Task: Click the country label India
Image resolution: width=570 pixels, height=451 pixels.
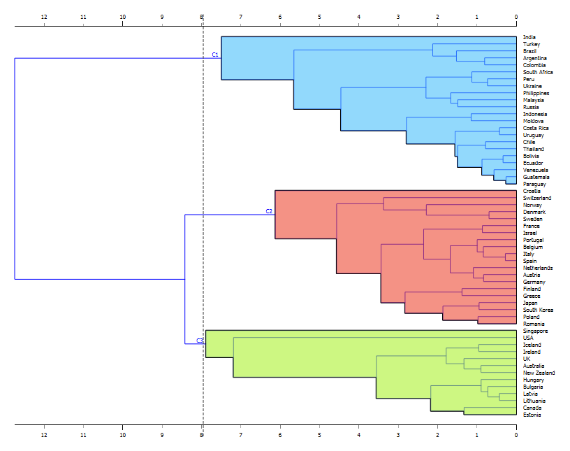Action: [529, 37]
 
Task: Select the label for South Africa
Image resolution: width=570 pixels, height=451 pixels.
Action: [537, 72]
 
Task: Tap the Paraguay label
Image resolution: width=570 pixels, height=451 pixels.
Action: [534, 184]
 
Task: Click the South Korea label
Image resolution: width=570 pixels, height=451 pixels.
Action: [538, 310]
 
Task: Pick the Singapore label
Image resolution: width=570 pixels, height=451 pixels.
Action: [535, 331]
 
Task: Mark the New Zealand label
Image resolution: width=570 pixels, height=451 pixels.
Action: [539, 373]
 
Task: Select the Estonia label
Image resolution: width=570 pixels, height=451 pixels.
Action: [532, 415]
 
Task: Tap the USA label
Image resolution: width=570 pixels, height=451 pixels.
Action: [529, 338]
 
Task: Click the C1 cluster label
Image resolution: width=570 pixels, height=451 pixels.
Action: [215, 54]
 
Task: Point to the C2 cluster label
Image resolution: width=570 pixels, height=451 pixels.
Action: [269, 210]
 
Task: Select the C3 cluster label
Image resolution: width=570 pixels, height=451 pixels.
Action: [199, 341]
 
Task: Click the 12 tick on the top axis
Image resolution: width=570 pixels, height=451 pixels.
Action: [44, 17]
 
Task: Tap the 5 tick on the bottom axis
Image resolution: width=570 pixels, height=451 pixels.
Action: [319, 434]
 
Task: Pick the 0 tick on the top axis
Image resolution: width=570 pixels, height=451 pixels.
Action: [516, 17]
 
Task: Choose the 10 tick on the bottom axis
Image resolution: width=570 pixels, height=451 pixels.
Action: [123, 434]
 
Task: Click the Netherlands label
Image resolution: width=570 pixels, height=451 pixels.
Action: [537, 268]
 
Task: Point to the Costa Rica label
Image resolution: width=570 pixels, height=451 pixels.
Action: [535, 128]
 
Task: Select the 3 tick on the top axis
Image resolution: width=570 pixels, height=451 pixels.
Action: [398, 17]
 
